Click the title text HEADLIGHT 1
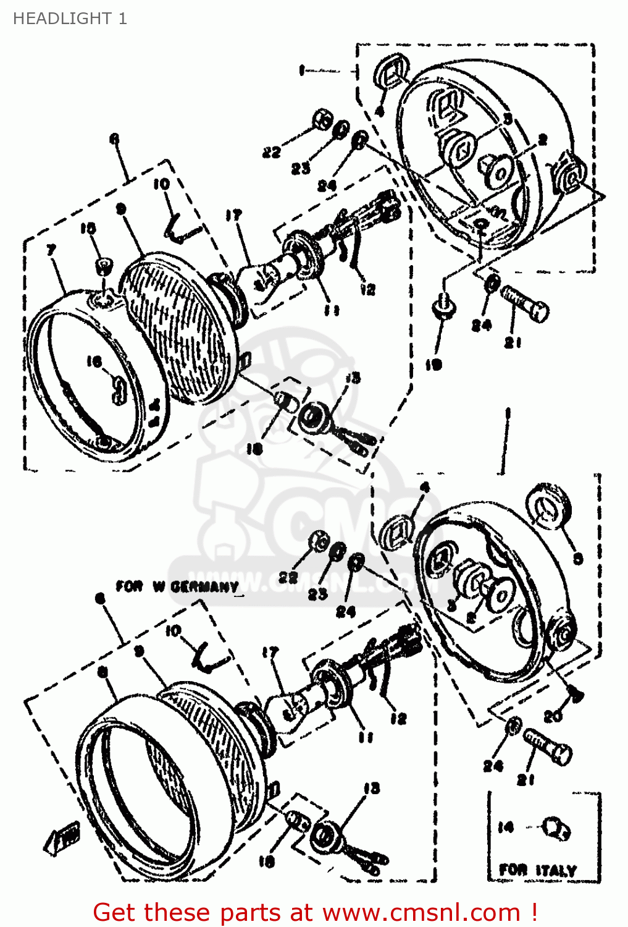point(70,19)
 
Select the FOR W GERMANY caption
point(177,586)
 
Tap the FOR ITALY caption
point(537,870)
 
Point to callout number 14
point(506,827)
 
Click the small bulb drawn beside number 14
point(556,828)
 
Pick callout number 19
point(433,365)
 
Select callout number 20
point(553,716)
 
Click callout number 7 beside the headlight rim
point(51,250)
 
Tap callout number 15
point(88,229)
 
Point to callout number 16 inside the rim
point(94,361)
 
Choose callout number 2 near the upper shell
point(542,140)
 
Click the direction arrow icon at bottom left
point(62,840)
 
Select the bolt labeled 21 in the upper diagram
point(525,303)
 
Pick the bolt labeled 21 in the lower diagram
point(547,746)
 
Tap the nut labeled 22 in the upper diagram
point(321,120)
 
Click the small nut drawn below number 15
point(104,266)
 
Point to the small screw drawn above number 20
point(576,695)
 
